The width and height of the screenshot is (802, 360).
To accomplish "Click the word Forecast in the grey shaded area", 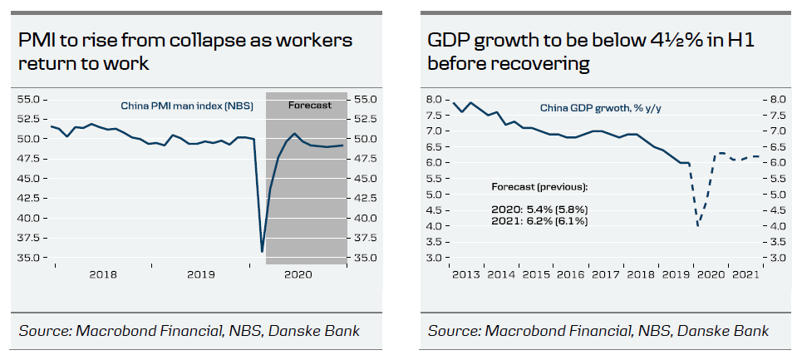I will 309,105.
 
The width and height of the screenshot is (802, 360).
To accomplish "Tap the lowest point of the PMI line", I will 262,252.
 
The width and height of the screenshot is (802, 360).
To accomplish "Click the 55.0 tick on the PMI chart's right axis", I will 367,99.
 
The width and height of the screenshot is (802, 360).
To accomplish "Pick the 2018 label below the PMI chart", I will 102,275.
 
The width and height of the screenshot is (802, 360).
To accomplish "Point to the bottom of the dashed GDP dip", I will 698,226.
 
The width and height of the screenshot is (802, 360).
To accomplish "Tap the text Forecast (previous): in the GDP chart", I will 539,186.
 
